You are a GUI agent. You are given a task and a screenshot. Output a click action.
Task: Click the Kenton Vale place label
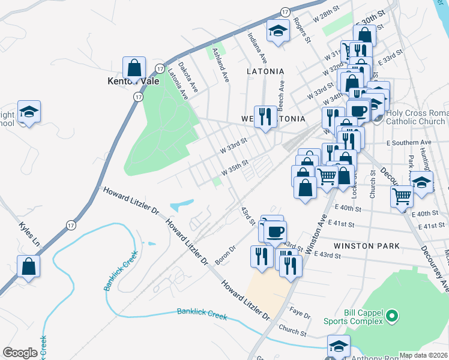click(133, 81)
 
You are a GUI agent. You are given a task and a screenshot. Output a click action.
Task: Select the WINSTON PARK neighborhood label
click(358, 246)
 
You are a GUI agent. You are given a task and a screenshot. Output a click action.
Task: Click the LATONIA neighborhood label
click(265, 71)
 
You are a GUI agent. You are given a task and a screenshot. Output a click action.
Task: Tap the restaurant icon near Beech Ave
click(265, 115)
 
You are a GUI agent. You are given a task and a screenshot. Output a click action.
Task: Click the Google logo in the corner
click(20, 353)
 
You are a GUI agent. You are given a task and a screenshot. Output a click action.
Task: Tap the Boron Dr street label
click(225, 255)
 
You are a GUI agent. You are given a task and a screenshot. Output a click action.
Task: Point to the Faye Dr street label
click(300, 315)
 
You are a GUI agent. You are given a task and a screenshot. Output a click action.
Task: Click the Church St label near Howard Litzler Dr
click(293, 330)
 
